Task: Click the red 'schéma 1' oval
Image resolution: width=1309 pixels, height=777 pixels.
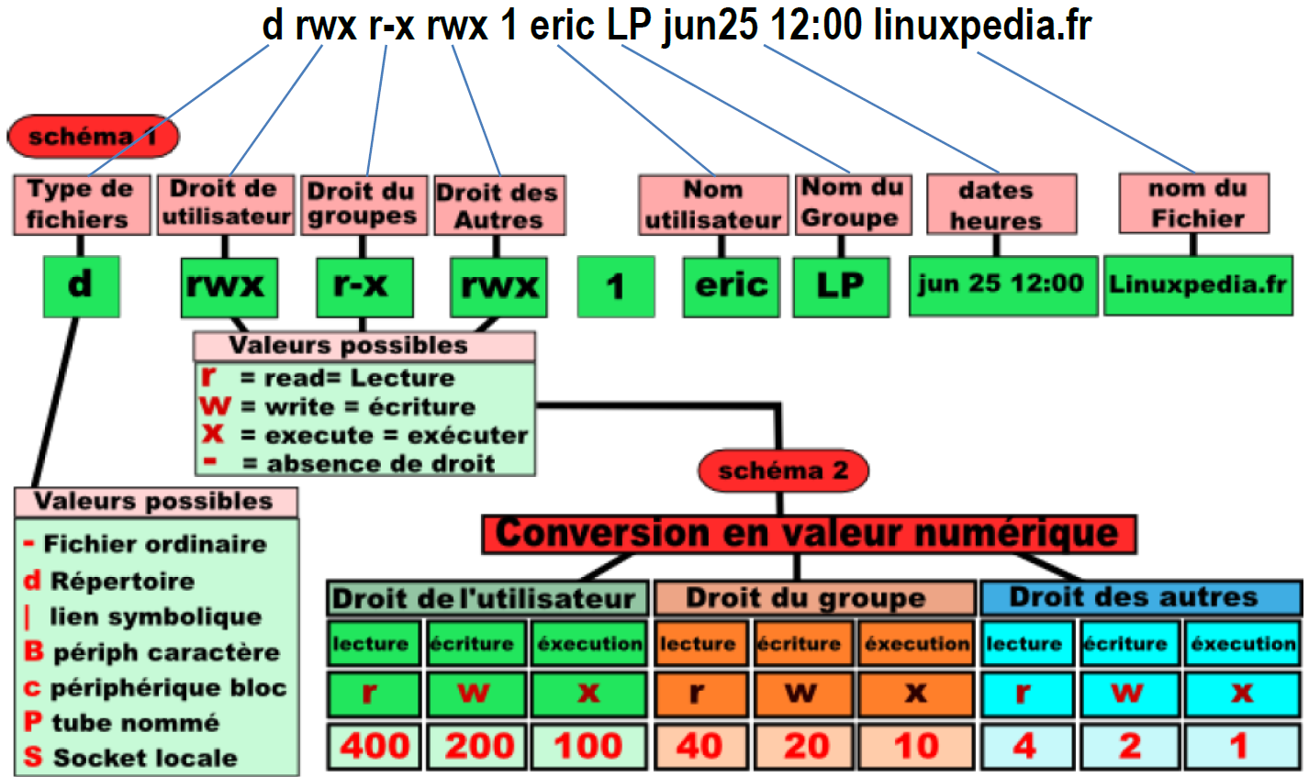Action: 93,137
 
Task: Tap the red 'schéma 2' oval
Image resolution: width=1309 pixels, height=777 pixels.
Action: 783,471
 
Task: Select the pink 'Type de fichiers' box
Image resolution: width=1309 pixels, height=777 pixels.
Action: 81,205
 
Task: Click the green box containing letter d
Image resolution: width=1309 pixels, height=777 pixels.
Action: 81,286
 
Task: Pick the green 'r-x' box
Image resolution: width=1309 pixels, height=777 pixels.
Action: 364,286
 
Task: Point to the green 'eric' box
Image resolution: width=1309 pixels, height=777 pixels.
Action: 731,286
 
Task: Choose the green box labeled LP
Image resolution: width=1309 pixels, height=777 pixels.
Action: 841,286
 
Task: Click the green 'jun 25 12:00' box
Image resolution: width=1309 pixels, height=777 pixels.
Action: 1002,285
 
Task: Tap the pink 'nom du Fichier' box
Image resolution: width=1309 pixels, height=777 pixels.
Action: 1194,204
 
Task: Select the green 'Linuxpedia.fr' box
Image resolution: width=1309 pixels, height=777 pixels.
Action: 1198,285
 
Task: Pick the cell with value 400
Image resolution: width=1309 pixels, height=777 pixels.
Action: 374,746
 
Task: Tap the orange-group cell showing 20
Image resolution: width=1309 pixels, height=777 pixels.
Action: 805,746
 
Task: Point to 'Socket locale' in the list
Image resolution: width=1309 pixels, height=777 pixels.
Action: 144,758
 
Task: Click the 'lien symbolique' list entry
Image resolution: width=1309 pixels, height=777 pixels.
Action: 154,616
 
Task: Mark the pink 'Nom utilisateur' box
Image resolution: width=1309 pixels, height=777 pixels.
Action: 713,205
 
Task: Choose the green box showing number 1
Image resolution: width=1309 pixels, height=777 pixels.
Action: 615,286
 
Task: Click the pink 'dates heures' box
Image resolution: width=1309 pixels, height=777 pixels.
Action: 1001,205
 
